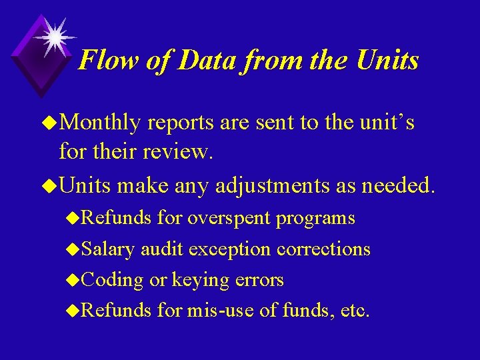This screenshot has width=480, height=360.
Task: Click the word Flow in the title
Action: click(102, 61)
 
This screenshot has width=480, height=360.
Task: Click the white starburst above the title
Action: click(54, 35)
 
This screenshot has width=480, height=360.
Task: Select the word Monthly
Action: click(104, 123)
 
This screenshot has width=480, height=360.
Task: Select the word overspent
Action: click(229, 218)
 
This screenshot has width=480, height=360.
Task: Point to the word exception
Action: click(229, 249)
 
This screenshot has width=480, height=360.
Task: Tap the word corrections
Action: click(323, 249)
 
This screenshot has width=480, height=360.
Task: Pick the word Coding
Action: click(111, 281)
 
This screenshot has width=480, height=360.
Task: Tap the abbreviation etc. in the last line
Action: click(355, 311)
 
